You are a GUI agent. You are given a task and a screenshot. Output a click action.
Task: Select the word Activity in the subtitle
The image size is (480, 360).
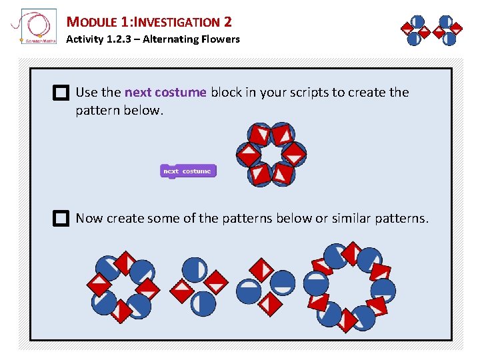point(85,39)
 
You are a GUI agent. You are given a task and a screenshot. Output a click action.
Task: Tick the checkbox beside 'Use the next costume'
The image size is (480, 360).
point(61,93)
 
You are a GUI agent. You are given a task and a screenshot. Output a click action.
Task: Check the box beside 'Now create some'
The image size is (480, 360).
point(61,219)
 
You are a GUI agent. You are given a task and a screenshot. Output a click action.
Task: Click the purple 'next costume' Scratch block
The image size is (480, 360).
point(188,171)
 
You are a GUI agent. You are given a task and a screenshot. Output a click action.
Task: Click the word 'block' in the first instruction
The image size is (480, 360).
point(226,93)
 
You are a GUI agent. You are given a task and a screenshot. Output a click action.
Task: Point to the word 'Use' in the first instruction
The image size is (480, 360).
point(87,93)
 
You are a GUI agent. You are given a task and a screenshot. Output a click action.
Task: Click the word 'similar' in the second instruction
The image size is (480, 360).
point(356,219)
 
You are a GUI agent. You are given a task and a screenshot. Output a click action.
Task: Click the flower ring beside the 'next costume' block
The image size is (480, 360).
point(271,154)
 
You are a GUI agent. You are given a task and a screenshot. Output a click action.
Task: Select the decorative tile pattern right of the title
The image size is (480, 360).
point(431,30)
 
